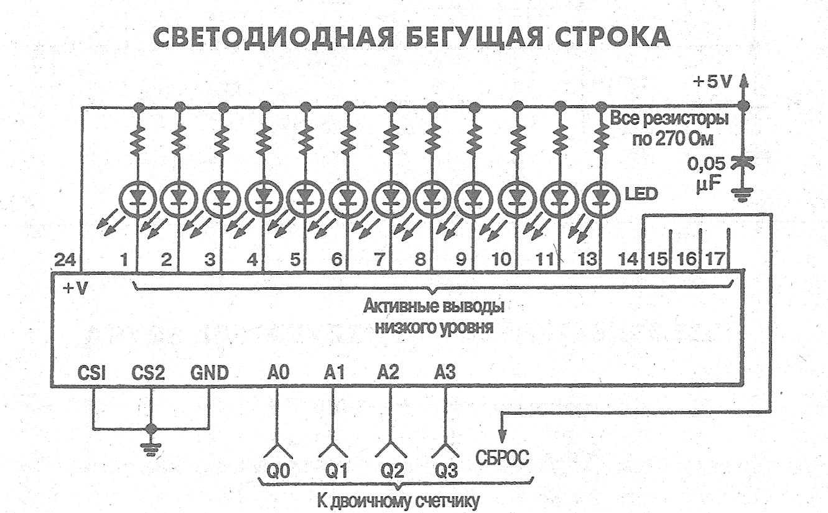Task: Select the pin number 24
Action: (x=65, y=260)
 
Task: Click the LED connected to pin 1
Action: (x=138, y=199)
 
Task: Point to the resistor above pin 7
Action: (x=391, y=141)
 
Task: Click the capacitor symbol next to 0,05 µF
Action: (x=743, y=164)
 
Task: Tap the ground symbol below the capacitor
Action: (x=743, y=195)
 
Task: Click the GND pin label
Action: (x=210, y=373)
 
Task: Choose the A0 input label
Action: (x=278, y=373)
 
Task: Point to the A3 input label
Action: (x=445, y=372)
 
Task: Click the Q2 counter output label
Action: (x=392, y=471)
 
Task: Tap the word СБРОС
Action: (x=502, y=458)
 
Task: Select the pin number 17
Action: (x=715, y=259)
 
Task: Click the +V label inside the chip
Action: (x=75, y=289)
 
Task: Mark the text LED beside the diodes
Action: (x=641, y=193)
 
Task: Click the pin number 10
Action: (x=501, y=259)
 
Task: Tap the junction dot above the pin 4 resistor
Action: (x=264, y=107)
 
